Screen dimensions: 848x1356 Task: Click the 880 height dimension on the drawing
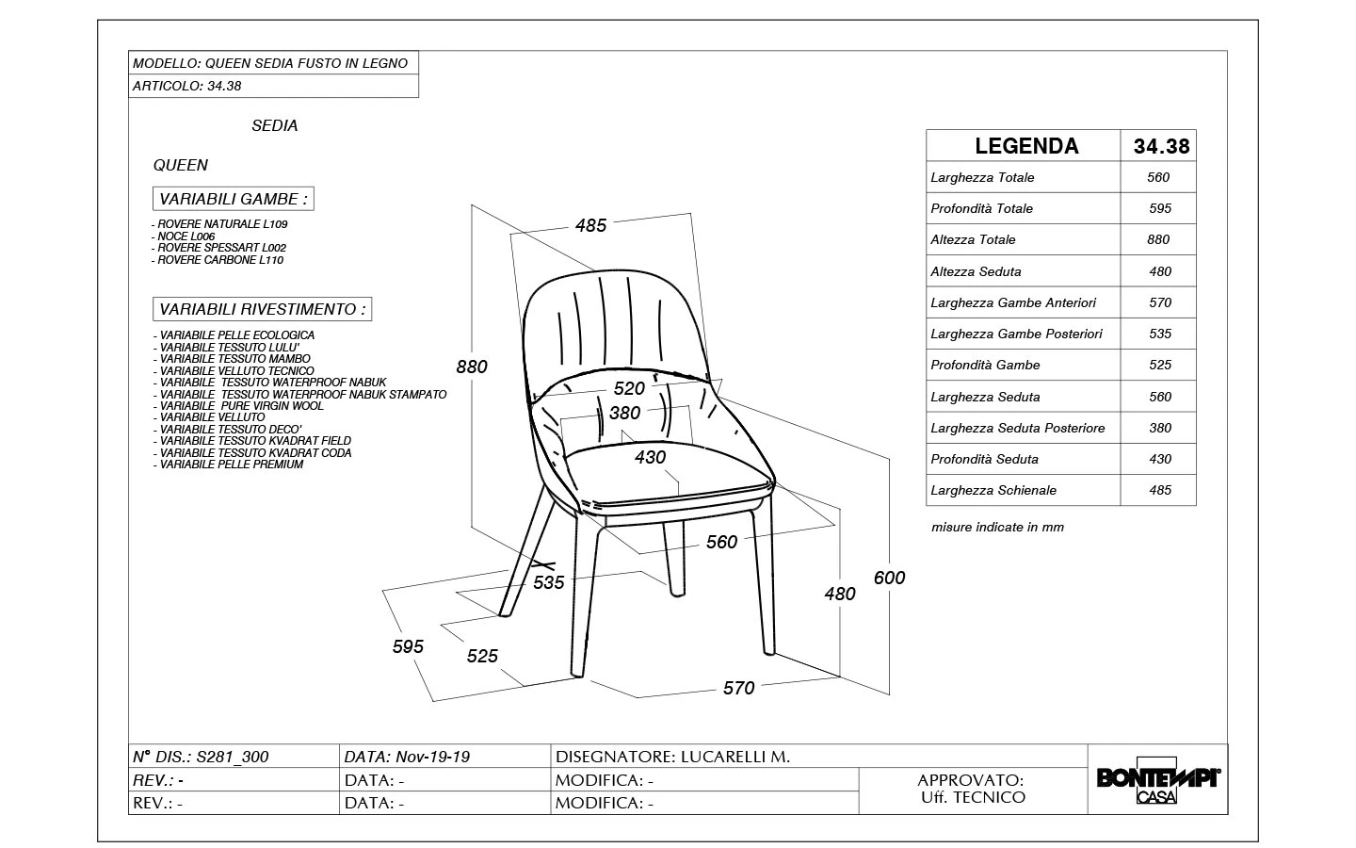point(472,367)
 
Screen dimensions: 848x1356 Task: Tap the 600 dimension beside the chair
point(889,578)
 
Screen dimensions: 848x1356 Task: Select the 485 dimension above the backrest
point(591,225)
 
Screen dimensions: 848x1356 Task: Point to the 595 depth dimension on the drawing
point(408,646)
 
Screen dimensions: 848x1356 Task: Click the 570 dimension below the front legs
point(739,688)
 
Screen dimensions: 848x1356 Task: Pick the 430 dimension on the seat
point(651,457)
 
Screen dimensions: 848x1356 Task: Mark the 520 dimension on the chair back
point(629,388)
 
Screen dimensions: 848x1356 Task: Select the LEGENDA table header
point(1026,146)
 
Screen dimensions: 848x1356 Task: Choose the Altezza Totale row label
point(973,240)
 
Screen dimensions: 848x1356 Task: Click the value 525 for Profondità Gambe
point(1159,365)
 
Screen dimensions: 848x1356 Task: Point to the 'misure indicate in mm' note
point(997,528)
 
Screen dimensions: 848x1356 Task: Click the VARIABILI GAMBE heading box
point(234,199)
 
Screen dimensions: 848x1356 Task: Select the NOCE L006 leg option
point(186,236)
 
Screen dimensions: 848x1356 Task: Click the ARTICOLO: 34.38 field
point(187,86)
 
